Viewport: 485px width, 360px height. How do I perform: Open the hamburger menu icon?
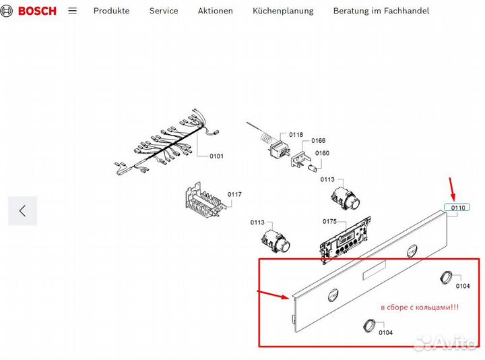73,11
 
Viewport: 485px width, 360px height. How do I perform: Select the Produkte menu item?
111,11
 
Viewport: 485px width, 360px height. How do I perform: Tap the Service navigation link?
164,11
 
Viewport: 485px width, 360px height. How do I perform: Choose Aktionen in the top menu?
216,11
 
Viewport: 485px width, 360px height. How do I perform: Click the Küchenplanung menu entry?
283,11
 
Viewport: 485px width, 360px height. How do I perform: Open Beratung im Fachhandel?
381,11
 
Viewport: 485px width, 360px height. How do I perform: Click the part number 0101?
216,156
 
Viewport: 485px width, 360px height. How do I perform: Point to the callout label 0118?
296,135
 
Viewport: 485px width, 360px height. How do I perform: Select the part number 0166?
318,141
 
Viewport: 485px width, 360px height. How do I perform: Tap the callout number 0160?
323,153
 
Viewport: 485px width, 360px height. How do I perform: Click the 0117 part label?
234,195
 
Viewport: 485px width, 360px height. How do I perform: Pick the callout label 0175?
329,221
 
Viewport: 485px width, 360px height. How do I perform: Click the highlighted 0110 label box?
457,208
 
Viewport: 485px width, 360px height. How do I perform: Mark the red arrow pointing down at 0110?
453,185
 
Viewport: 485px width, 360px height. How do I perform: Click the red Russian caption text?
420,307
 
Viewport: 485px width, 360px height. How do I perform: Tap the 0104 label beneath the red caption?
385,332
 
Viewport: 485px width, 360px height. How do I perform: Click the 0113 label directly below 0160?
327,179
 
